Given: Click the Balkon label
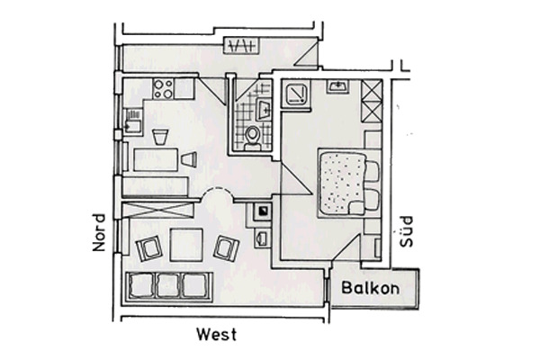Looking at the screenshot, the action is click(371, 288).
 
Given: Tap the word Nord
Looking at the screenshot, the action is click(99, 232).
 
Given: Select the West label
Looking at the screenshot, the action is click(217, 335).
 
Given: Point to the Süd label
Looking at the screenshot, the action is click(406, 231).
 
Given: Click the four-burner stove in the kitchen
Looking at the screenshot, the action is click(163, 89).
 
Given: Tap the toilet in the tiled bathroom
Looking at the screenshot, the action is click(252, 138).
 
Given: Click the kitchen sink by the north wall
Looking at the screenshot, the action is click(132, 122).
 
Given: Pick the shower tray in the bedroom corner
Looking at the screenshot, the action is click(296, 94).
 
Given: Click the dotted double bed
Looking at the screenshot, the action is click(342, 184).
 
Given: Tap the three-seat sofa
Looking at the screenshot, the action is click(169, 286).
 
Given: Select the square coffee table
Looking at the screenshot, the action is click(186, 245).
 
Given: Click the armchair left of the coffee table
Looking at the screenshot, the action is click(149, 248).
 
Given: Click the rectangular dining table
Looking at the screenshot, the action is click(156, 159).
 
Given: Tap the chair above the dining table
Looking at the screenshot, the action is click(161, 137).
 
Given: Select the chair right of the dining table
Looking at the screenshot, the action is click(189, 159).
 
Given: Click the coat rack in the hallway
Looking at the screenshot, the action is click(243, 46).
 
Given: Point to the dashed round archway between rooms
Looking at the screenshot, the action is click(217, 194).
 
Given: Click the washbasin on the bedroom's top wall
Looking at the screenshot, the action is click(338, 86).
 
